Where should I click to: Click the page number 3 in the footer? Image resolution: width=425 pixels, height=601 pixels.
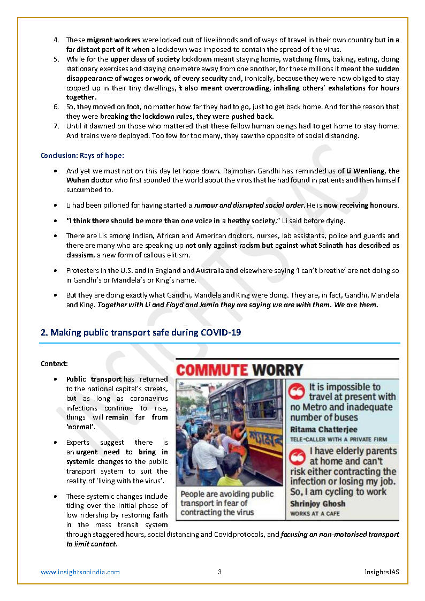(219, 572)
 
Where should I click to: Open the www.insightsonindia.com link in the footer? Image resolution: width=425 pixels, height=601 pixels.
(80, 572)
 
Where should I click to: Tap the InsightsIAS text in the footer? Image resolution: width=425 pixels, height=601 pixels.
(378, 572)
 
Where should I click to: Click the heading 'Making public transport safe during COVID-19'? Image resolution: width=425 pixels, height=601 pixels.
(141, 332)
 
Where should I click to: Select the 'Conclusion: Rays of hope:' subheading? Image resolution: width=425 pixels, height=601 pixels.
(82, 156)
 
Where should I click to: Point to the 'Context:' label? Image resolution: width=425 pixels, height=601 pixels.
(54, 364)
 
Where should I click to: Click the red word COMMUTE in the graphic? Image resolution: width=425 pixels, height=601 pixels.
(212, 370)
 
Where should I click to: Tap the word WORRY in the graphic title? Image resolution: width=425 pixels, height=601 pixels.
(278, 370)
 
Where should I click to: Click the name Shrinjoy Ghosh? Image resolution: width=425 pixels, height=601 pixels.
(318, 504)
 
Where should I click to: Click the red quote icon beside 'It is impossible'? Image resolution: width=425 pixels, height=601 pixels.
(297, 391)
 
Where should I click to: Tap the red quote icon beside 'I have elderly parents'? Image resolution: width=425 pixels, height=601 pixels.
(297, 456)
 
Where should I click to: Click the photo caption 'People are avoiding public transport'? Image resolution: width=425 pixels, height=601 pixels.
(227, 503)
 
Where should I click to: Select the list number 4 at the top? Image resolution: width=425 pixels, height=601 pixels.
(56, 40)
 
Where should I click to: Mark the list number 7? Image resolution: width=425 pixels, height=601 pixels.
(56, 126)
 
